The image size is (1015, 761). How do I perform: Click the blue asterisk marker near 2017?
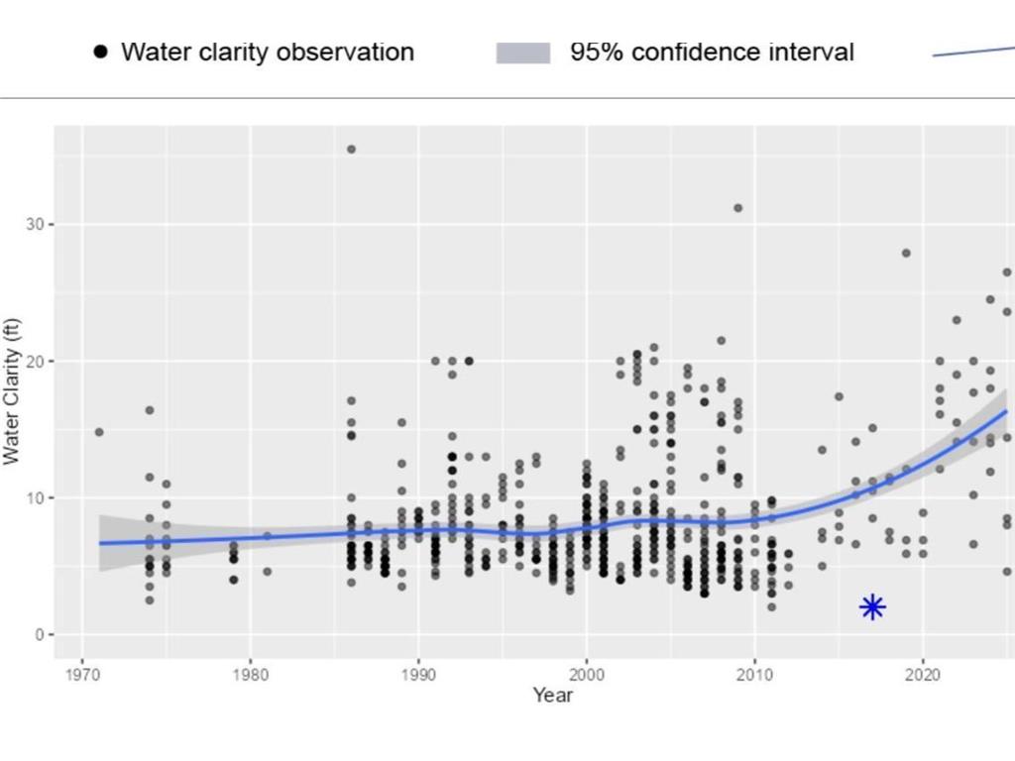(872, 607)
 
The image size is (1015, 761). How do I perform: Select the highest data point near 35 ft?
(351, 150)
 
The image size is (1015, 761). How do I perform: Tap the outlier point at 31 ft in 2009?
(737, 208)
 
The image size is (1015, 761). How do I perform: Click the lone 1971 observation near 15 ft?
(99, 432)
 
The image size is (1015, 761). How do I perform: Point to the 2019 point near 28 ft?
(906, 253)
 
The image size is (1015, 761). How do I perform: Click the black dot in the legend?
(100, 53)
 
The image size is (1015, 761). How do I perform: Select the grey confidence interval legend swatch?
(522, 54)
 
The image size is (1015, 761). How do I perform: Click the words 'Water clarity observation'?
(267, 53)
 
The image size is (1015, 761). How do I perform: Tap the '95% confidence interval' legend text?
(712, 53)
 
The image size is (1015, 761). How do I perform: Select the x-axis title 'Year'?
(552, 695)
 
